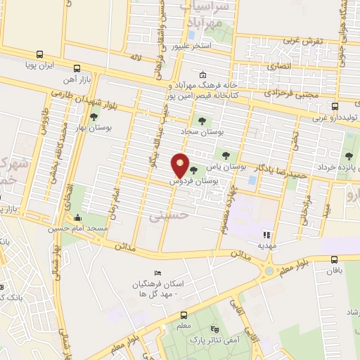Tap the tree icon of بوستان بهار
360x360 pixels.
[94, 117]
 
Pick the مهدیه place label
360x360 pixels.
[266, 247]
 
